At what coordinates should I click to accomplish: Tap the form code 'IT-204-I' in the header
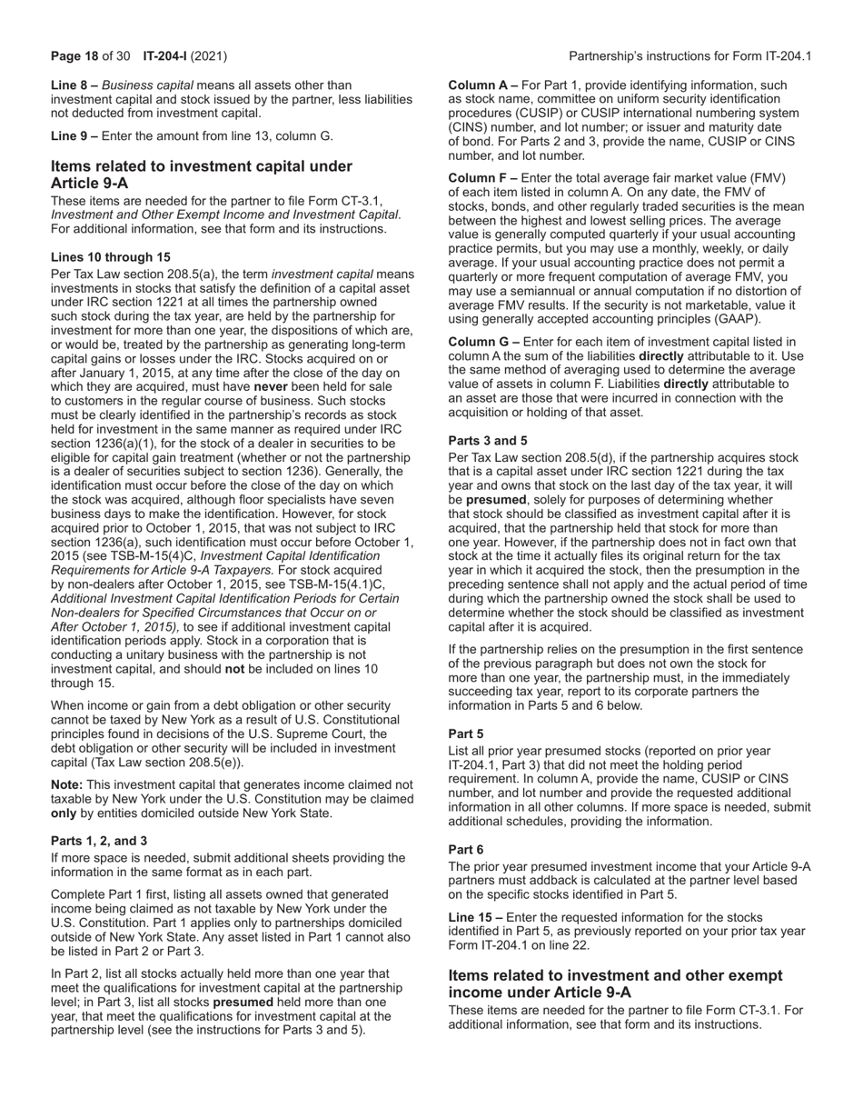[166, 56]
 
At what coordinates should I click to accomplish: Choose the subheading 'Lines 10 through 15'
[110, 257]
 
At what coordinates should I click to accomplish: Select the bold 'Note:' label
[67, 784]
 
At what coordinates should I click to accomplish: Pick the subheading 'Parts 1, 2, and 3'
[99, 841]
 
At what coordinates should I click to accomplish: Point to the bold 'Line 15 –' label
[477, 917]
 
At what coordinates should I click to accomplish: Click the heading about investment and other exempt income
[615, 984]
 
